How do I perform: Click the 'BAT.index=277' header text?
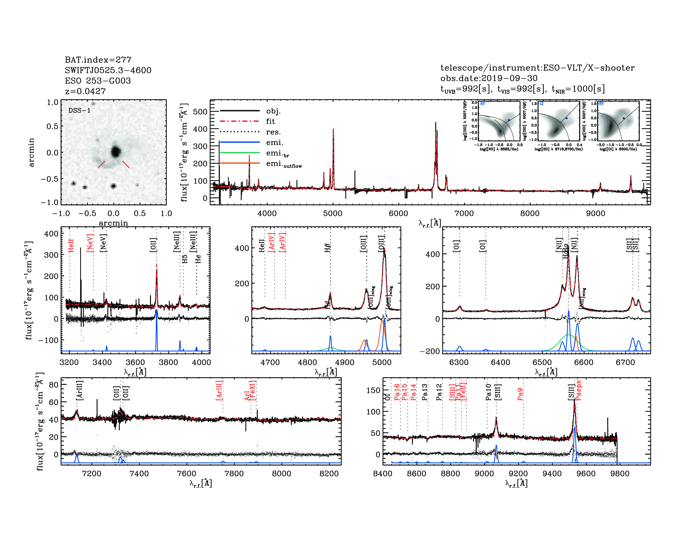[x=98, y=60]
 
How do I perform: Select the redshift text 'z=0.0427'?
[x=85, y=91]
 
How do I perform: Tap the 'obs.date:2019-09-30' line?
[x=489, y=78]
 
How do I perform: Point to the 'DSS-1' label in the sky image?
[x=79, y=111]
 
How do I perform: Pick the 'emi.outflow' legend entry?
[x=283, y=164]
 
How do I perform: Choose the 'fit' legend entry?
[x=270, y=121]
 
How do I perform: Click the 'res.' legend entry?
[x=273, y=132]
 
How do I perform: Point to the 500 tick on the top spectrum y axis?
[x=200, y=112]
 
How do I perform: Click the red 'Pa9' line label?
[x=520, y=394]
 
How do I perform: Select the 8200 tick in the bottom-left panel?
[x=329, y=474]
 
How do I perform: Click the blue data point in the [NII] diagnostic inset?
[x=509, y=120]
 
